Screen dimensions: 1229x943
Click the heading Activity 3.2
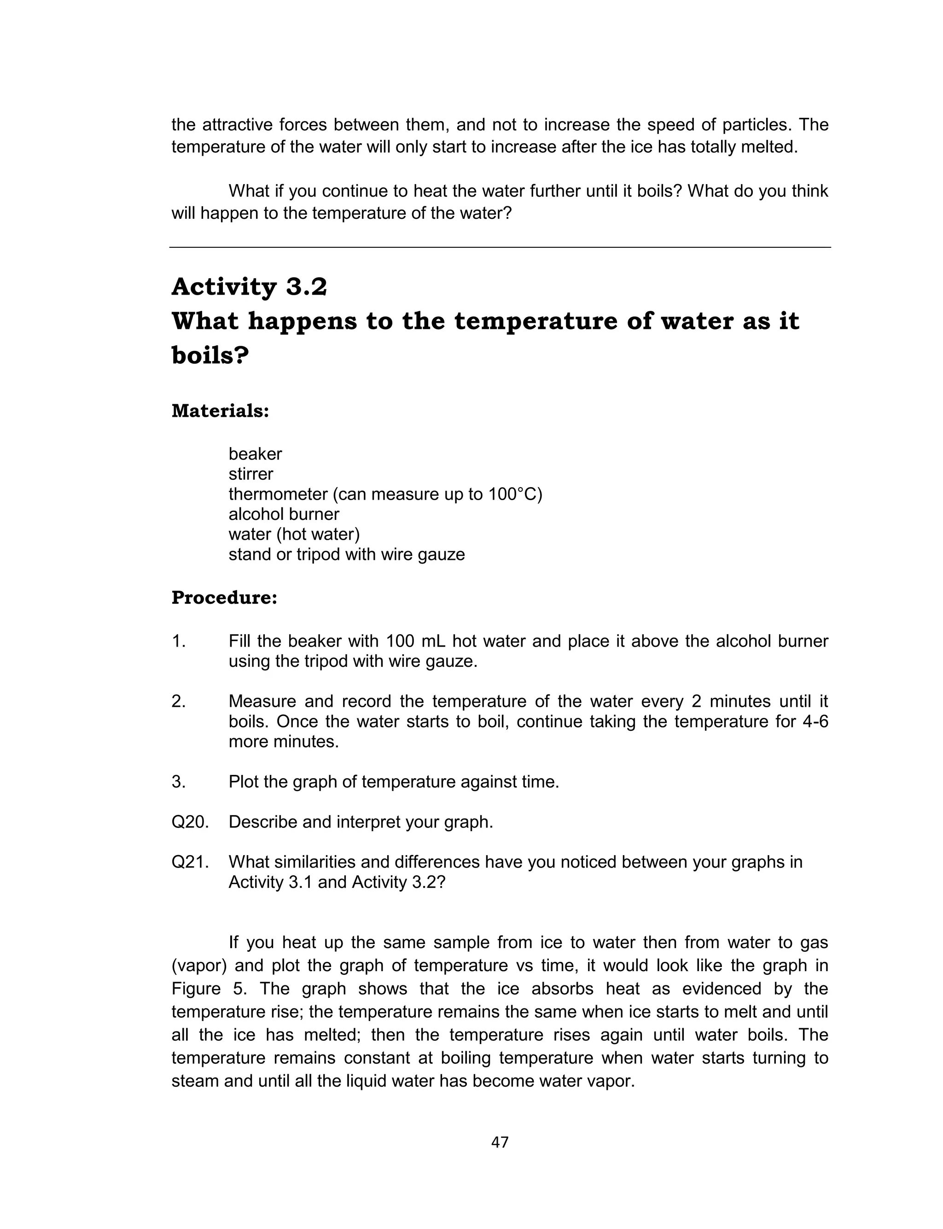(249, 287)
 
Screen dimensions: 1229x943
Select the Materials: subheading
(220, 411)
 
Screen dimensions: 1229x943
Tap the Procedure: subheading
(224, 598)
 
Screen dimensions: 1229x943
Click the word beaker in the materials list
(255, 454)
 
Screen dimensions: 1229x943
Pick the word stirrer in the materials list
(250, 474)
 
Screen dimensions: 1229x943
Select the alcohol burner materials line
(284, 514)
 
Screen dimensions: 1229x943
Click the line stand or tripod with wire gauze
(346, 554)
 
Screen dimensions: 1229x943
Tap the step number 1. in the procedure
(179, 641)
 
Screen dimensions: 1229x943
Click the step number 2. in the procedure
(179, 701)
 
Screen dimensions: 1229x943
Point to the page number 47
(500, 1142)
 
